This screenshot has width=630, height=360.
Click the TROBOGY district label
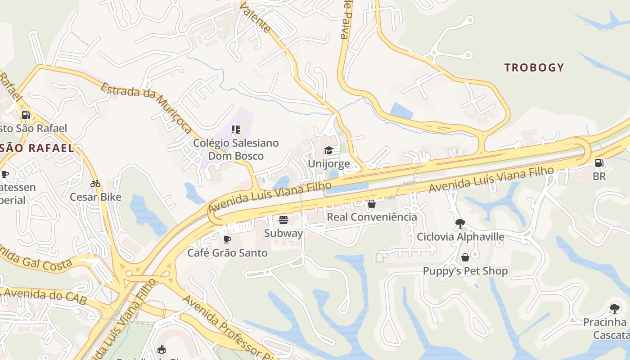[534, 67]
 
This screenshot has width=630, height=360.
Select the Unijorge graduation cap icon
[328, 150]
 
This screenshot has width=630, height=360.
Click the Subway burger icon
[283, 220]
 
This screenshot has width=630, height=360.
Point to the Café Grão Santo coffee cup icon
[227, 239]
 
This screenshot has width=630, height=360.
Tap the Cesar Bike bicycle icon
[95, 184]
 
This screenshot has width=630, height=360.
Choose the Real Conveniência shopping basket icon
[372, 204]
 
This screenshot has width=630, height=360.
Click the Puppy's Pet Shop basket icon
[465, 257]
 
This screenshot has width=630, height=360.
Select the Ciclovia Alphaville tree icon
[460, 223]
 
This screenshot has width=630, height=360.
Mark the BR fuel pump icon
[599, 163]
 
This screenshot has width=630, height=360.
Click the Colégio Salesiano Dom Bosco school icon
[236, 130]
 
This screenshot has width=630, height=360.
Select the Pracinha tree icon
[614, 309]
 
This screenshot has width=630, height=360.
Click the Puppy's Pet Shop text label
[465, 271]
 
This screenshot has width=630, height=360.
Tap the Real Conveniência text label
[372, 217]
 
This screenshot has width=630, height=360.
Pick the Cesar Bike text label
[95, 197]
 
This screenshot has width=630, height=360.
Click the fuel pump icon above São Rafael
[26, 115]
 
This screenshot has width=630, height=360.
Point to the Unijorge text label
[328, 163]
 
